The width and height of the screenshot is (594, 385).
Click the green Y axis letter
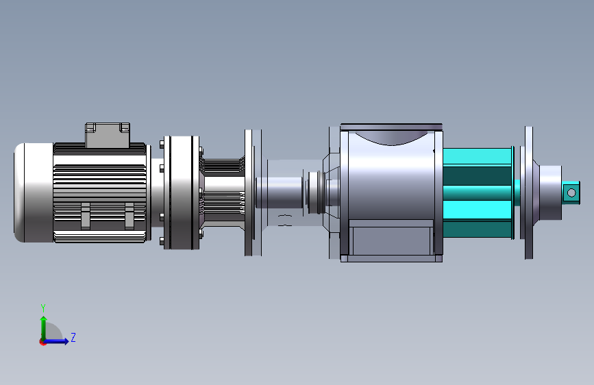[43, 308]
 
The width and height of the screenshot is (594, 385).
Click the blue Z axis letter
[73, 337]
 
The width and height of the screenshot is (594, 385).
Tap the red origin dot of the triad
[42, 342]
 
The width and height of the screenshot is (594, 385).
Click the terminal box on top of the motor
[108, 135]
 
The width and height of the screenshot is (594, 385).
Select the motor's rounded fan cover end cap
[34, 192]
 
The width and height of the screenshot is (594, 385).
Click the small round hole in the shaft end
[571, 193]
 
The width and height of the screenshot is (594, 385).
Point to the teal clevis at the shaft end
[571, 193]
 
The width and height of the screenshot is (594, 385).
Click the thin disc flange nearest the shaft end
[529, 193]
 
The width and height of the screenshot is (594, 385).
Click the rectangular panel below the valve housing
[391, 241]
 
